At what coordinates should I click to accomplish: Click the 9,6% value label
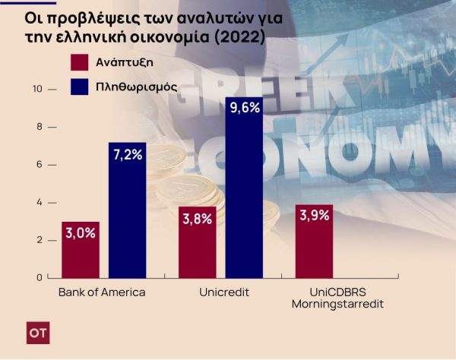point(244,108)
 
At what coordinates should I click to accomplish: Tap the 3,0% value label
point(80,233)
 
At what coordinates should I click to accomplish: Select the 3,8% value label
point(197,219)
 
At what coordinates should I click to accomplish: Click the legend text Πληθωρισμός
point(137,87)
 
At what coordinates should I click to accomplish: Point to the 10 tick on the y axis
point(40,90)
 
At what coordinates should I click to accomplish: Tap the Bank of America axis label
point(101,292)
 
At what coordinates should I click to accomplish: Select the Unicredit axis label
point(220,292)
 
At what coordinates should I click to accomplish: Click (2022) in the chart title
point(240,34)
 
